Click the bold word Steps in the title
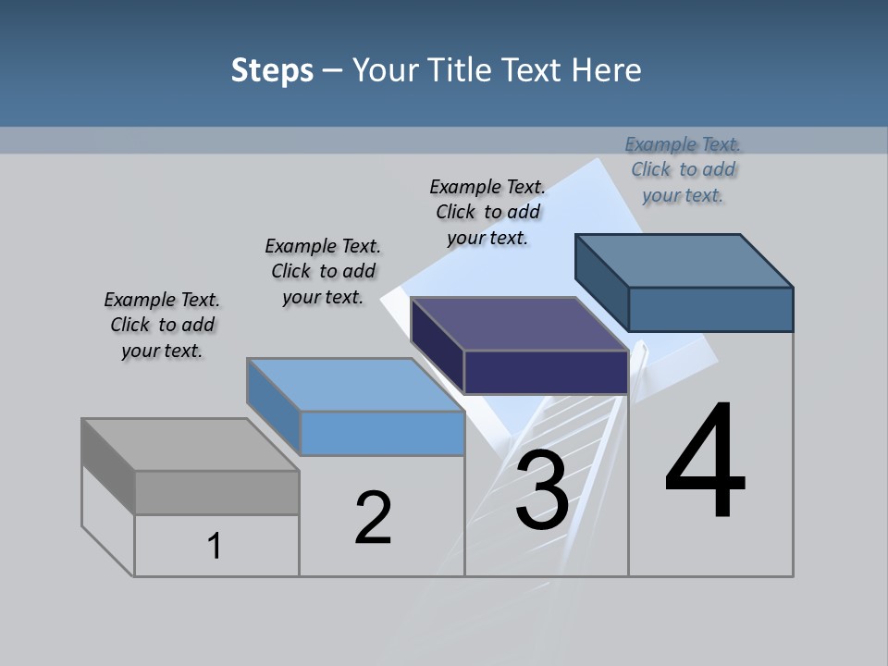pyautogui.click(x=272, y=70)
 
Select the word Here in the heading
pyautogui.click(x=607, y=70)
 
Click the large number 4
pyautogui.click(x=705, y=462)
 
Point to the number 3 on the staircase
pyautogui.click(x=542, y=491)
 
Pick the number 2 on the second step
pyautogui.click(x=374, y=518)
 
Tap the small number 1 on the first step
pyautogui.click(x=215, y=546)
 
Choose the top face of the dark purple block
pyautogui.click(x=519, y=324)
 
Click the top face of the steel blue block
pyautogui.click(x=684, y=260)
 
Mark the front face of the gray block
pyautogui.click(x=216, y=492)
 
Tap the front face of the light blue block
pyautogui.click(x=382, y=433)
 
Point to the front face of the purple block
pyautogui.click(x=546, y=372)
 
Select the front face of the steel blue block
pyautogui.click(x=710, y=309)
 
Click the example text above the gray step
pyautogui.click(x=162, y=325)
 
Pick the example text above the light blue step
pyautogui.click(x=323, y=271)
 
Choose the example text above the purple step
pyautogui.click(x=487, y=212)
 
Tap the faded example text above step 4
pyautogui.click(x=683, y=169)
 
